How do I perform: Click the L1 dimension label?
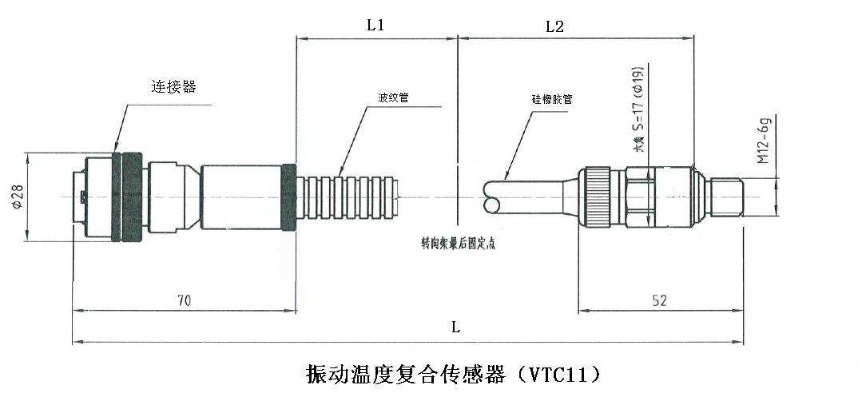point(375,25)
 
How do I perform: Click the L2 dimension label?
point(554,26)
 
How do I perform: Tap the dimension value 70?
point(184,300)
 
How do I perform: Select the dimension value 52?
point(659,300)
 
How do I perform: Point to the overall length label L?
point(455,327)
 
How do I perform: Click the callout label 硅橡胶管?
point(552,99)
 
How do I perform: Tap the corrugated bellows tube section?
point(348,196)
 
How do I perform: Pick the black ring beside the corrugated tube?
point(289,197)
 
